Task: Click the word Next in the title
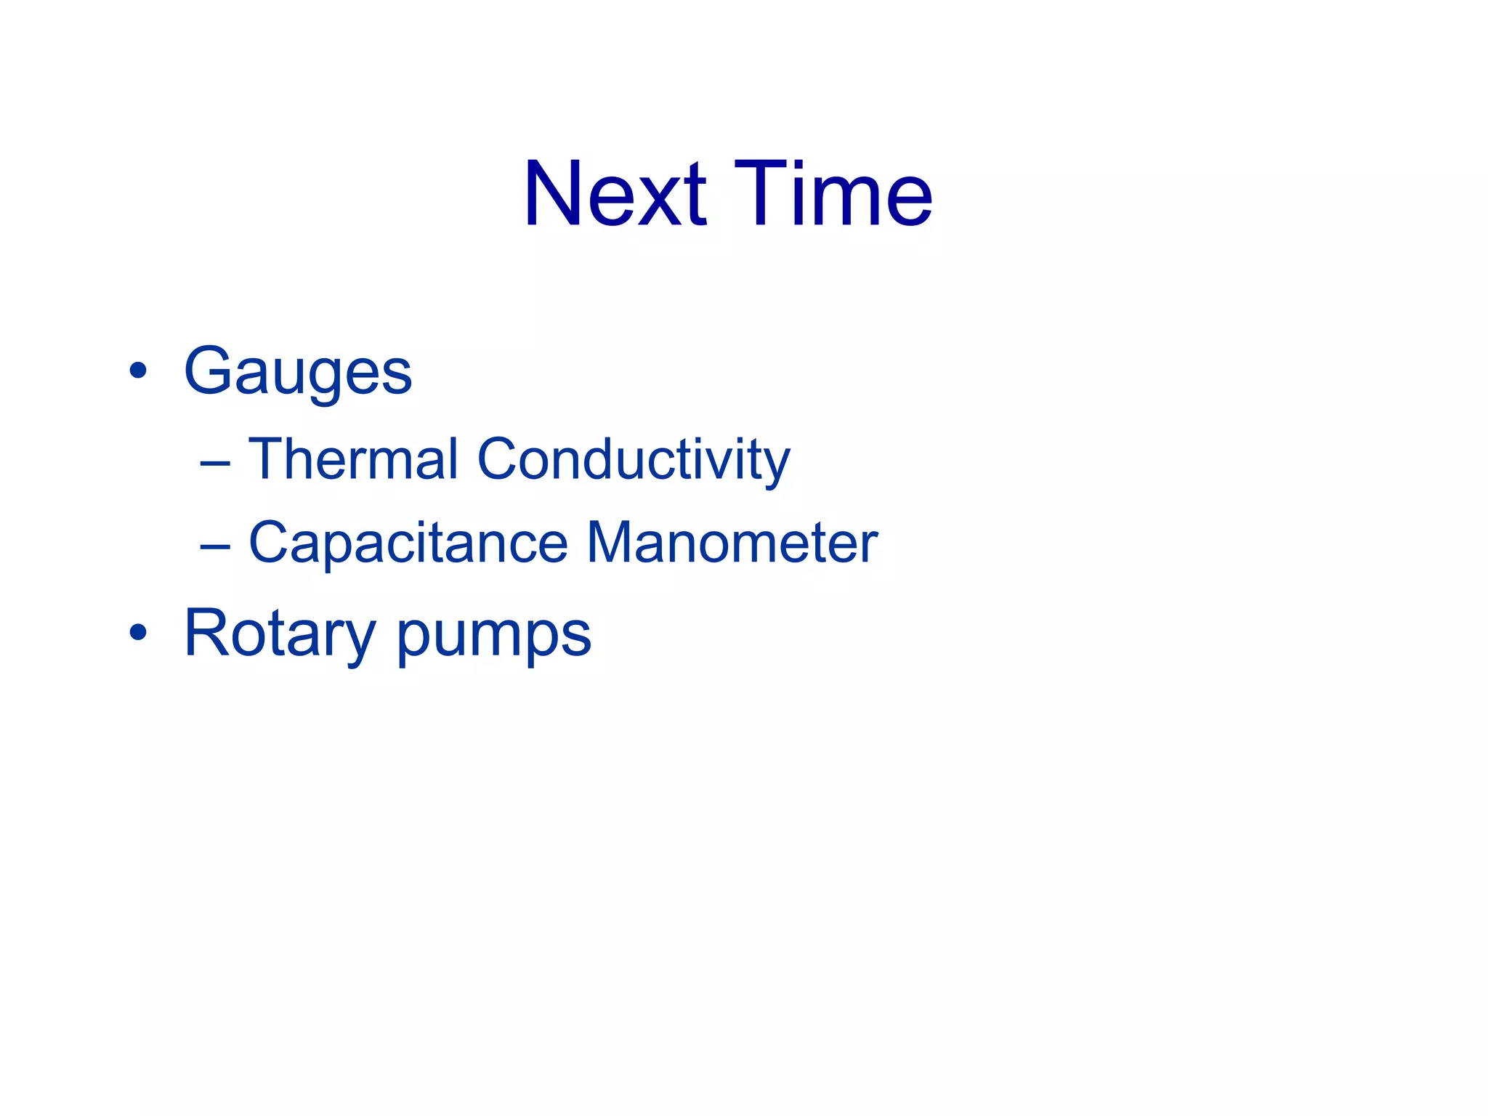pyautogui.click(x=614, y=195)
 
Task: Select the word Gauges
pyautogui.click(x=298, y=372)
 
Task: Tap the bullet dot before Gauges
pyautogui.click(x=137, y=372)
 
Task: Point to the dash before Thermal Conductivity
pyautogui.click(x=215, y=463)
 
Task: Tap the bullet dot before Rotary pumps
pyautogui.click(x=137, y=632)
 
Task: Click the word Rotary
pyautogui.click(x=280, y=634)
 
